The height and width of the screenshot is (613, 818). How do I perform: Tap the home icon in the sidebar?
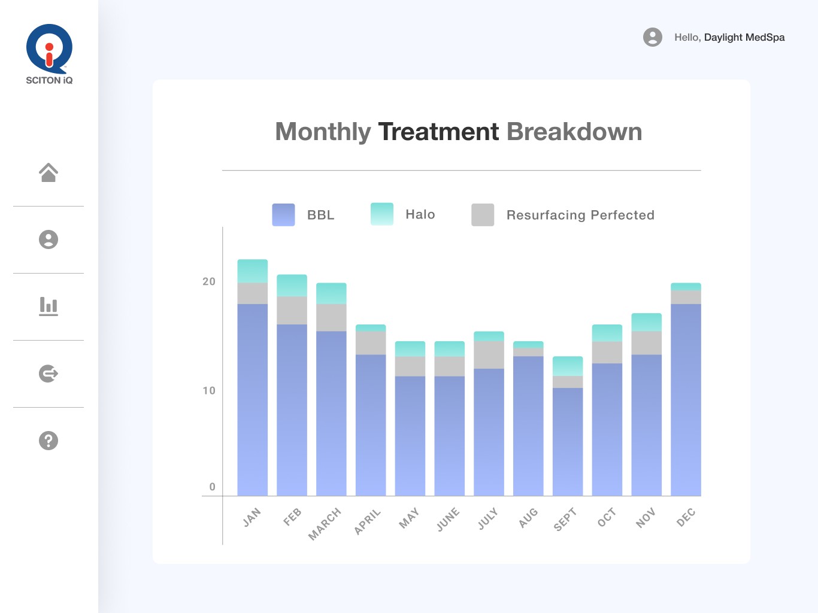coord(49,172)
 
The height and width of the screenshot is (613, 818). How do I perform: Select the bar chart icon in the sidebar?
coord(49,306)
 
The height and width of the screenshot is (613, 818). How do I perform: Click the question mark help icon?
coord(49,441)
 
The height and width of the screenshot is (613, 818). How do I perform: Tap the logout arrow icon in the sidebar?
coord(49,374)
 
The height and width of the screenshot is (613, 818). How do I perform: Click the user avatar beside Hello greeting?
coord(653,37)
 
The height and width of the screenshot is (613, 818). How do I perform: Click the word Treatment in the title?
coord(438,132)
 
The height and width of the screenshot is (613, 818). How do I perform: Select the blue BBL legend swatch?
coord(283,215)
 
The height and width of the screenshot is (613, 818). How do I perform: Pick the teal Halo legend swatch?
coord(382,214)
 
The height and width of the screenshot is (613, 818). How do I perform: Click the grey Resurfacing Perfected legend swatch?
coord(483,215)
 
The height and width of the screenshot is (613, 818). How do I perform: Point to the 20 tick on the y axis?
coord(208,281)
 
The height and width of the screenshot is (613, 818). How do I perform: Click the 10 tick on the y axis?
coord(208,390)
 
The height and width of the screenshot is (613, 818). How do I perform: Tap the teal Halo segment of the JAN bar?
coord(253,271)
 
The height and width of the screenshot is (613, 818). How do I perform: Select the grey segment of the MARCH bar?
coord(331,317)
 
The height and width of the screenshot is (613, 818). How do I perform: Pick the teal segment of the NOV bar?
coord(647,322)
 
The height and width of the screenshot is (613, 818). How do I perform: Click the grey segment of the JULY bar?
coord(489,354)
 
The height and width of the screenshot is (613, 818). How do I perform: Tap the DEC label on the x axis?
coord(686,517)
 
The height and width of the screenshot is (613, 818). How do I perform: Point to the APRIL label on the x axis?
coord(367,521)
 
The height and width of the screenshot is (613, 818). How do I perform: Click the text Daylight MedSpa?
coord(744,37)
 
